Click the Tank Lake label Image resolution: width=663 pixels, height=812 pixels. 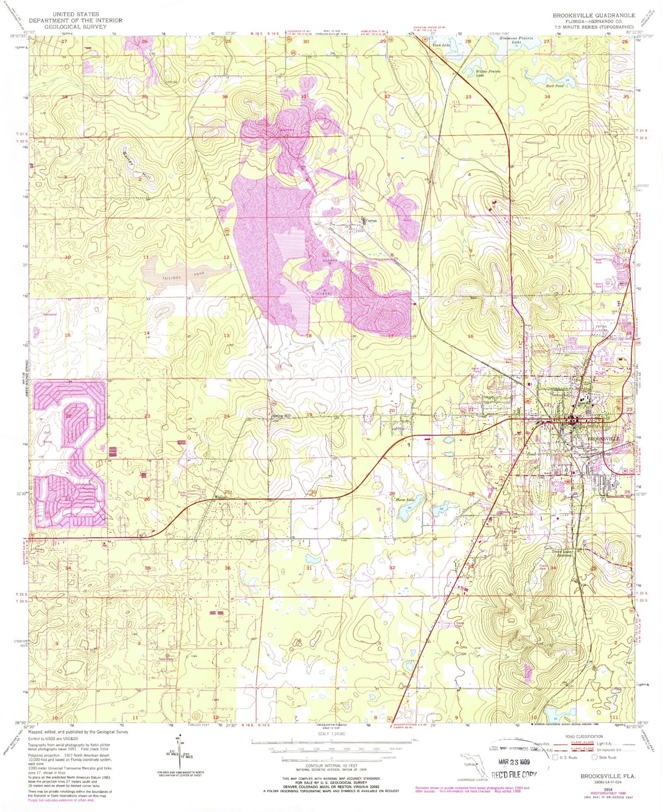441,45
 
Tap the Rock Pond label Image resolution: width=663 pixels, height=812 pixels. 555,86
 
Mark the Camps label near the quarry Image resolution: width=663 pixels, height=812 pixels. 370,220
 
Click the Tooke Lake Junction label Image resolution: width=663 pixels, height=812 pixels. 561,553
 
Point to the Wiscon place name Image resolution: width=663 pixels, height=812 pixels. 220,497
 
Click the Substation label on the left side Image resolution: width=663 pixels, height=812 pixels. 50,314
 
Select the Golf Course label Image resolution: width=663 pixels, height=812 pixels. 47,437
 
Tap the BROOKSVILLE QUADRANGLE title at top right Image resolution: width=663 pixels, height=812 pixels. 594,15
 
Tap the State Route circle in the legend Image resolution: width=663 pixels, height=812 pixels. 595,757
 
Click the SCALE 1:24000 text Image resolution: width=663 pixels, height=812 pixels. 331,734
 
